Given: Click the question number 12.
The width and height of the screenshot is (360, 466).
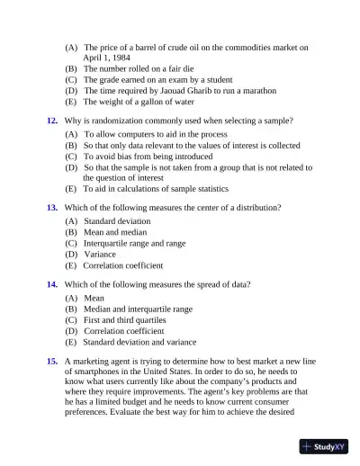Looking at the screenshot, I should point(52,120).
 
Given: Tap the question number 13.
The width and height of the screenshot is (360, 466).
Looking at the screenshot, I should point(52,208).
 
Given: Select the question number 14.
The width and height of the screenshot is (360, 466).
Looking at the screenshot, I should point(52,285).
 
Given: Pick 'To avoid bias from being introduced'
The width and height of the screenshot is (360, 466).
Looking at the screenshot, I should point(148,155).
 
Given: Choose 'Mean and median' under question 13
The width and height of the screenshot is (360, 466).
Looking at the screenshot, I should point(116,232).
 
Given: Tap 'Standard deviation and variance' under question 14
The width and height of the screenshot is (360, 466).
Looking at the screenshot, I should point(139,343).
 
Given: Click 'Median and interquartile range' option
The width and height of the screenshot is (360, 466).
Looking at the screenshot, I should point(138,309).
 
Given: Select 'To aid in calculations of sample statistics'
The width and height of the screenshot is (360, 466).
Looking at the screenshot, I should point(155,189).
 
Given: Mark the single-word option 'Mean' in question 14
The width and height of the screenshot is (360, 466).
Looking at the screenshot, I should point(94,298).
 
